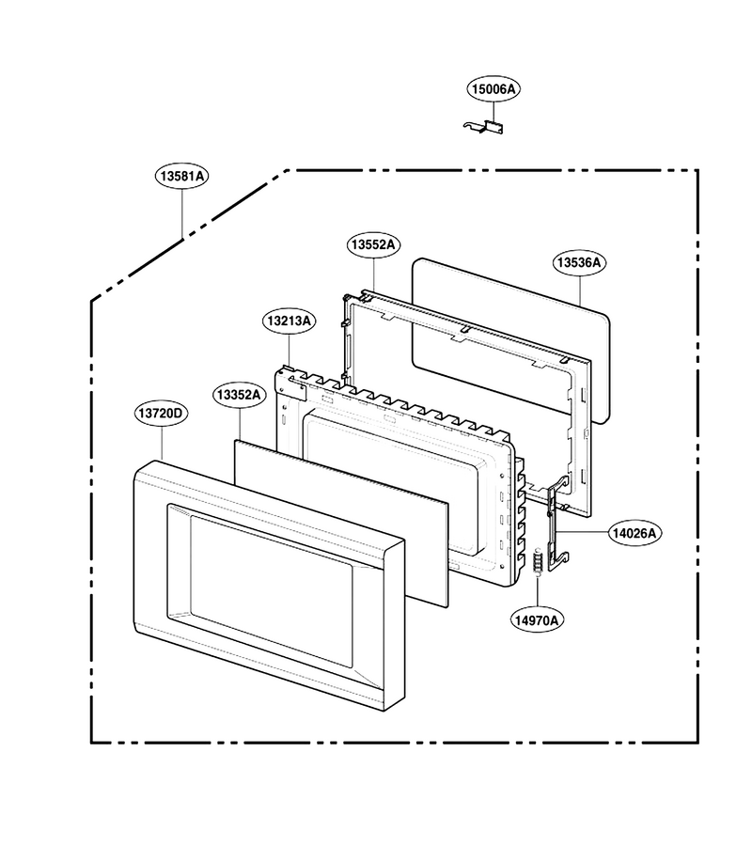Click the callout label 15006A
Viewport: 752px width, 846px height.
click(x=493, y=89)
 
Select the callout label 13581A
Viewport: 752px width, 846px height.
click(x=182, y=176)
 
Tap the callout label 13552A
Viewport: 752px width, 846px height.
click(x=373, y=244)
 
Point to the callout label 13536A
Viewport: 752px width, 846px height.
click(x=579, y=263)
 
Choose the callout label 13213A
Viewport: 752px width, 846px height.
click(x=290, y=321)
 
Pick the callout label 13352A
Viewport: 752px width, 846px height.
click(x=239, y=395)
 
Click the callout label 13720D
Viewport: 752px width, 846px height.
click(x=161, y=414)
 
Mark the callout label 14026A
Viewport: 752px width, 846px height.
click(x=634, y=533)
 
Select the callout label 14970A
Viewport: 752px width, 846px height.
click(x=537, y=620)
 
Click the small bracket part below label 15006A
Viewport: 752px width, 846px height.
click(x=484, y=127)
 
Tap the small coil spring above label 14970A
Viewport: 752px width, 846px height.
click(x=538, y=563)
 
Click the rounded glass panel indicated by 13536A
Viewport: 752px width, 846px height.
click(x=510, y=339)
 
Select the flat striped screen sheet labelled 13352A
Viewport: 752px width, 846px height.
click(x=341, y=524)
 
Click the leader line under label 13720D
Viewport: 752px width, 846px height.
click(x=162, y=443)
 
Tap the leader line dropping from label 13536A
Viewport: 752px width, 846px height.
click(x=581, y=290)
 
